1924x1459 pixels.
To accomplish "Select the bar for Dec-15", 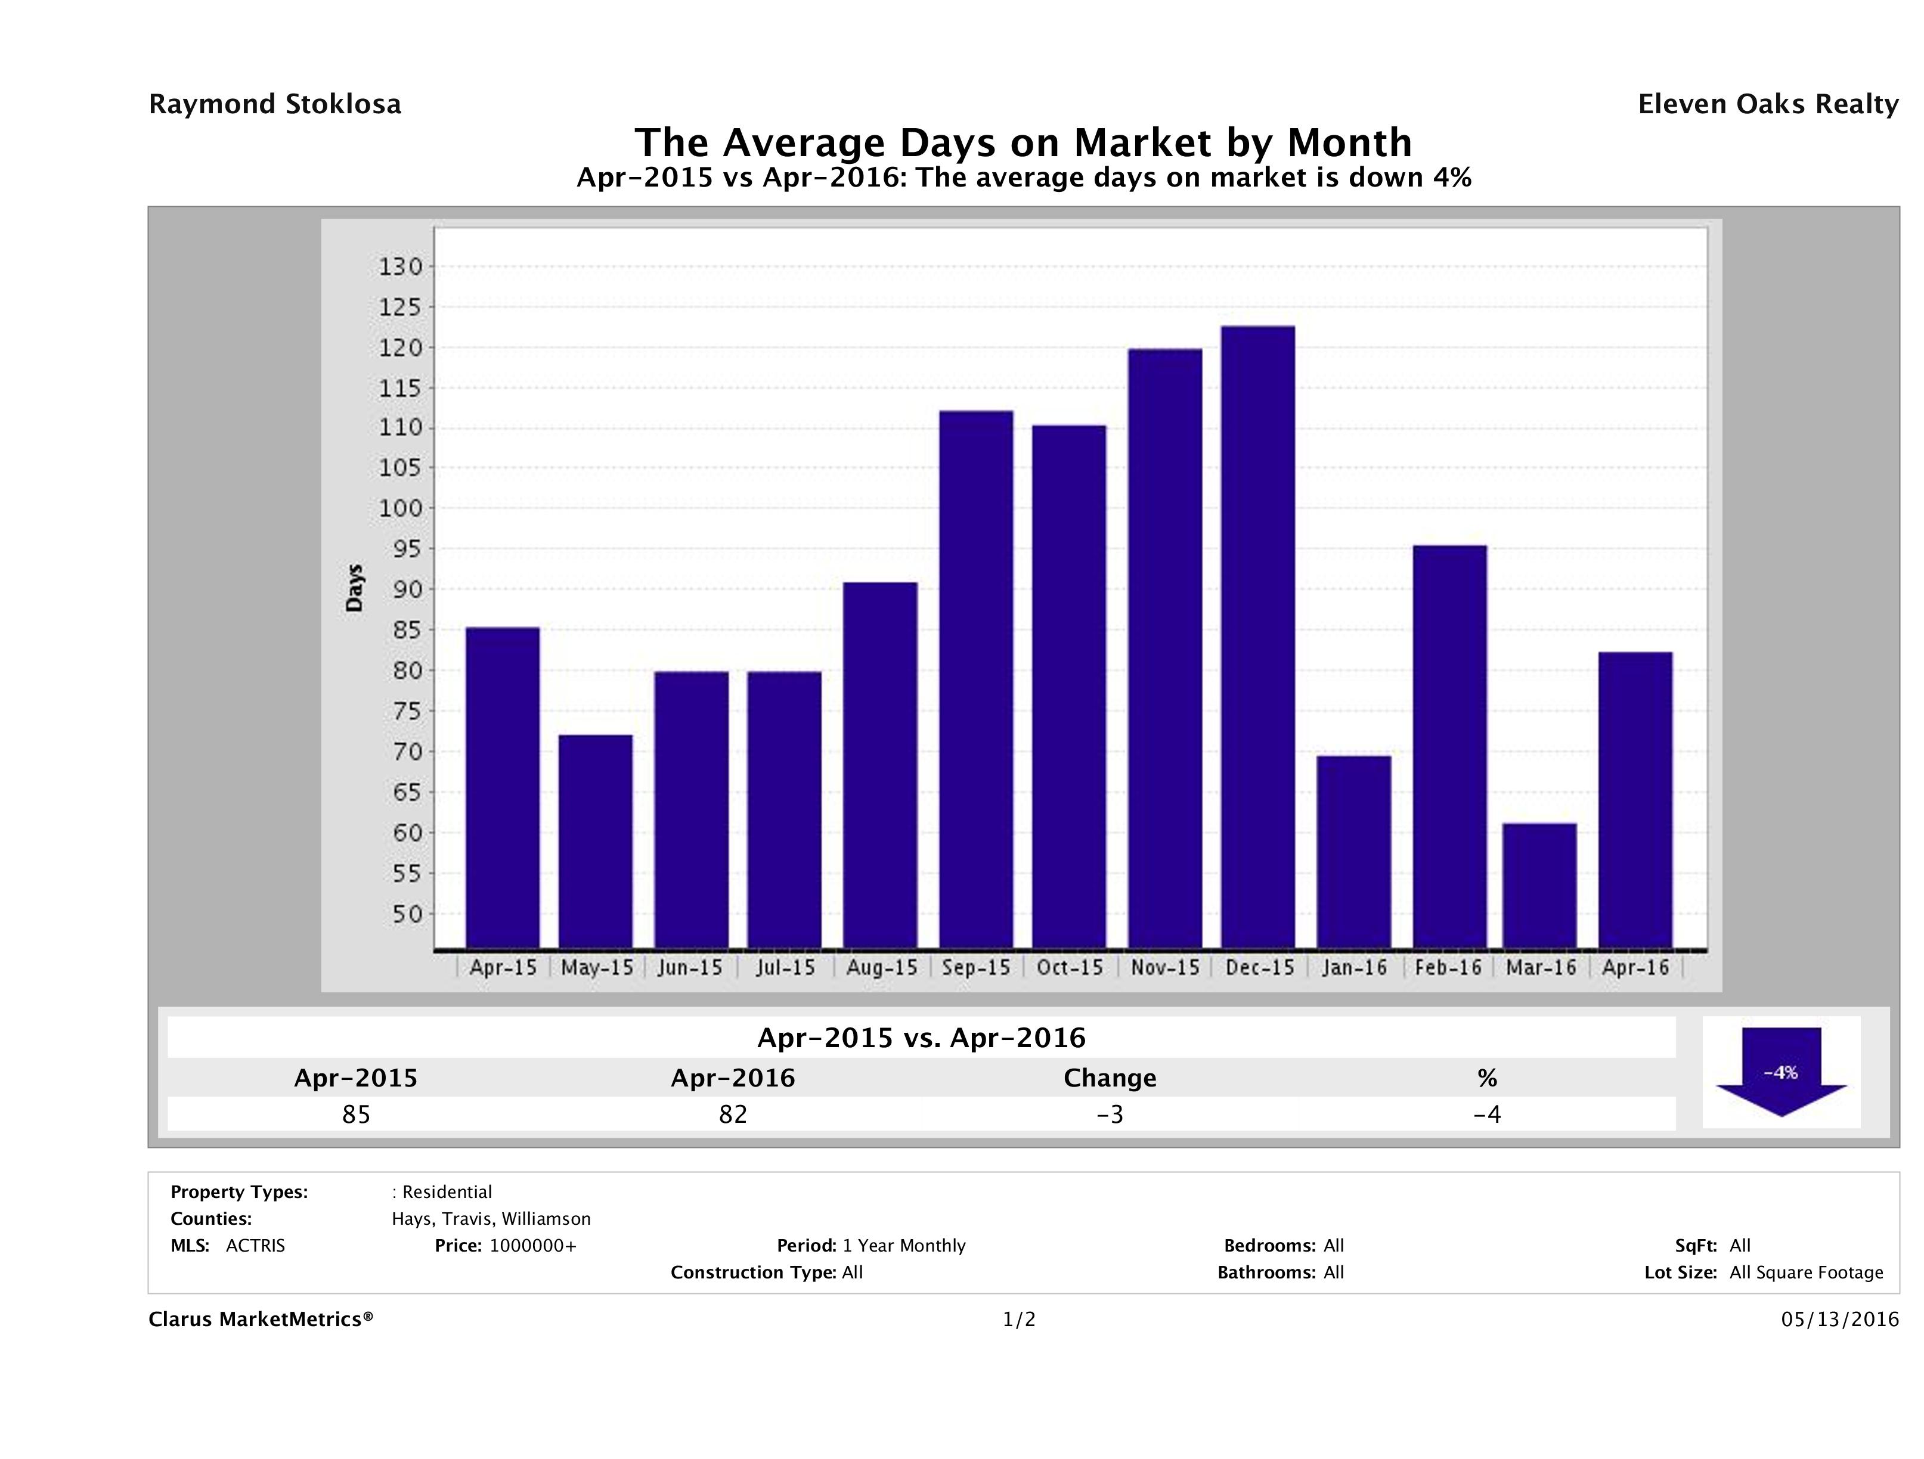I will [1258, 637].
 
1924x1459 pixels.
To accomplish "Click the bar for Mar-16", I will [1539, 885].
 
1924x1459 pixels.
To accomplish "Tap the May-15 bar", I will [596, 841].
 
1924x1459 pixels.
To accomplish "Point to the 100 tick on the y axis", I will [400, 508].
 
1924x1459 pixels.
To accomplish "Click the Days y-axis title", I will [354, 588].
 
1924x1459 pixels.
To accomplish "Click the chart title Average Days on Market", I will [1023, 142].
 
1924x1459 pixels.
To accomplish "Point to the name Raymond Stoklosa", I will [275, 104].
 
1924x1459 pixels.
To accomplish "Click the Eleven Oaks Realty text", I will [1767, 104].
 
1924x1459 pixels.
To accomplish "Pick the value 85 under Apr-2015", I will [356, 1115].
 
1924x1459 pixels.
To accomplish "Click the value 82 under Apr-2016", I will [732, 1115].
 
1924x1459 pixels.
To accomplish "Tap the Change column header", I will [1110, 1078].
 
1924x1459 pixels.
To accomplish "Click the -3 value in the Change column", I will [1110, 1115].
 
